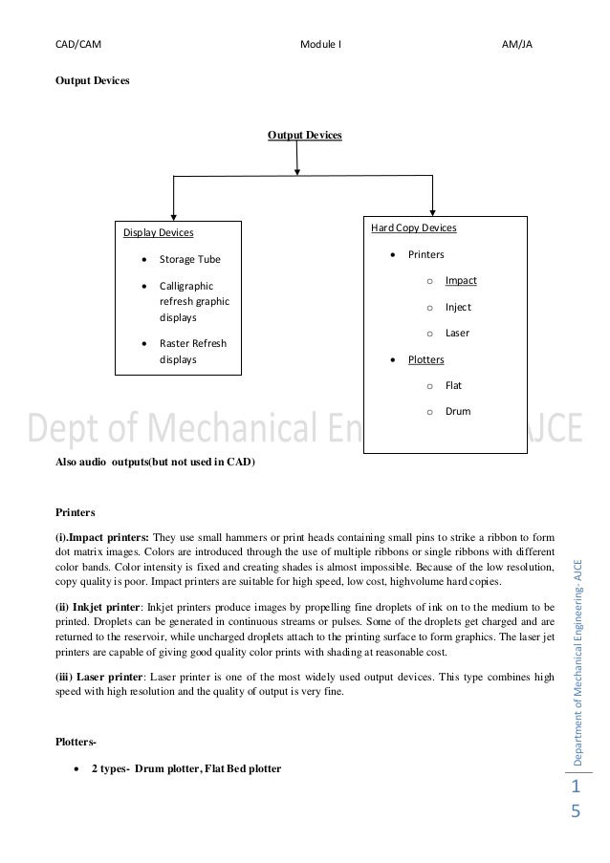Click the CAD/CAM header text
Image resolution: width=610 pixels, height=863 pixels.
79,44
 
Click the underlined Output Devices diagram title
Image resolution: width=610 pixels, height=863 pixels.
304,136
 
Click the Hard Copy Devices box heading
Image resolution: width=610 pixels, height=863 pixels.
413,228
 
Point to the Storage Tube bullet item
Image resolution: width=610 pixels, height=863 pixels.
189,259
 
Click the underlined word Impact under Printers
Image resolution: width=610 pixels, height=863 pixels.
461,280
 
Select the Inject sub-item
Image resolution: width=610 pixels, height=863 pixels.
458,307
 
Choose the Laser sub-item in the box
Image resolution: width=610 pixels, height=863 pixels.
457,333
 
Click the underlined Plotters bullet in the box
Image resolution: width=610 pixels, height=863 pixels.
425,359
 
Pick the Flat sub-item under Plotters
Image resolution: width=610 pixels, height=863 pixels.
453,386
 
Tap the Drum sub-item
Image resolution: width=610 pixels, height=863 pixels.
457,412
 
